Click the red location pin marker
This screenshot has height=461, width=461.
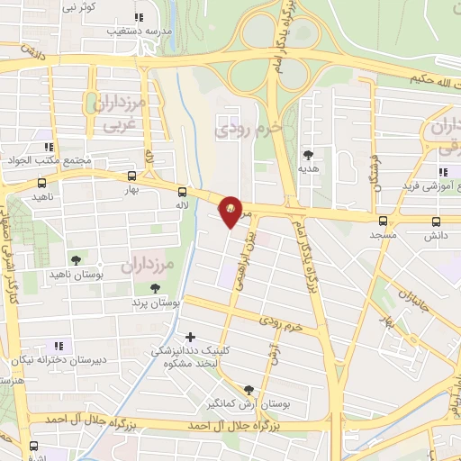point(231,211)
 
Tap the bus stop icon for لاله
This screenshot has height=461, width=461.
point(183,192)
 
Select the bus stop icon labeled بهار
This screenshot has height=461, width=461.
point(132,176)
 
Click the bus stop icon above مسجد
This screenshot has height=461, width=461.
point(383,220)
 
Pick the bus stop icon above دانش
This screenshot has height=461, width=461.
point(437,221)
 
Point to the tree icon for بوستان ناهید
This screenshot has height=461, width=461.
point(75,258)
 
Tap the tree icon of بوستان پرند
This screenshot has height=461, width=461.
point(156,289)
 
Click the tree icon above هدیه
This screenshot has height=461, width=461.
point(309,154)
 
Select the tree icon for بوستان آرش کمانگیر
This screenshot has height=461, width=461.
point(249,389)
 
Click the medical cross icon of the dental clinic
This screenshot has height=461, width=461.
point(189,337)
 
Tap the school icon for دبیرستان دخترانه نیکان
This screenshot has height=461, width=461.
point(59,345)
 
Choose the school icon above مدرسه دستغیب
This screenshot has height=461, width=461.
point(138,17)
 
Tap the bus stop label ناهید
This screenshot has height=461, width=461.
point(43,196)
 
